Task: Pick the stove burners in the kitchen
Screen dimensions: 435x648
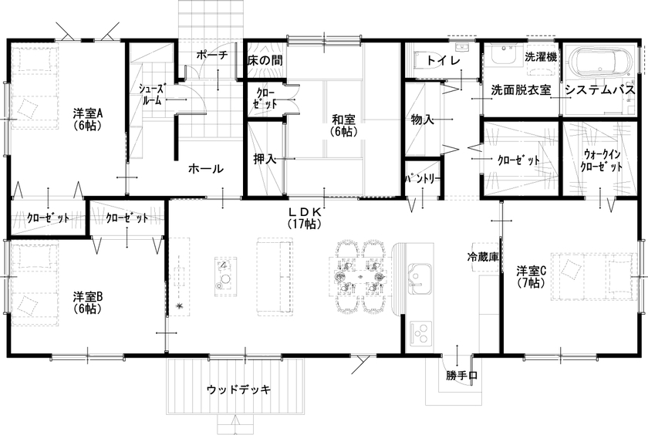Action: (x=421, y=333)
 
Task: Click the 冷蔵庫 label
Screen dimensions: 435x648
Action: (x=484, y=256)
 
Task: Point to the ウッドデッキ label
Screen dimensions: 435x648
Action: (x=239, y=389)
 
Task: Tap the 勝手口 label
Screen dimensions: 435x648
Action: (x=461, y=376)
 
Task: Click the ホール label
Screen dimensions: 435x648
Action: (x=206, y=169)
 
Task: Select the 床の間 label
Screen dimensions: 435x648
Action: (x=264, y=59)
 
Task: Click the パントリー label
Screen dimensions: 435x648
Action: (x=424, y=178)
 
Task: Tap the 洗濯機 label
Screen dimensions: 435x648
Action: (x=540, y=56)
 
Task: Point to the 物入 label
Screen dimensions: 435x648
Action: (x=423, y=120)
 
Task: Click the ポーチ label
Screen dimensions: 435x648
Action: (x=212, y=55)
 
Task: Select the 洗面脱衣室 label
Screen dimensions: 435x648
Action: (x=521, y=89)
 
